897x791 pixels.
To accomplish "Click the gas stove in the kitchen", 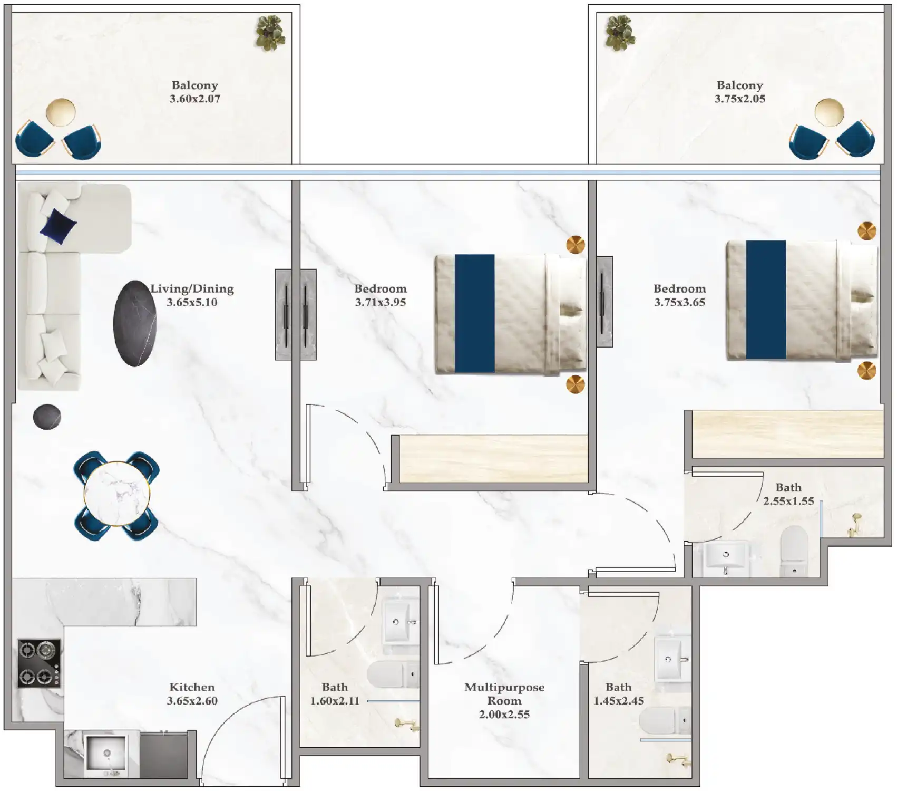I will [40, 663].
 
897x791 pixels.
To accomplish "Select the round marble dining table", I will [117, 494].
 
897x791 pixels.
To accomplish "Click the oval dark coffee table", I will [135, 323].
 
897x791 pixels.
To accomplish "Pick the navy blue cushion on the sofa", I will [58, 226].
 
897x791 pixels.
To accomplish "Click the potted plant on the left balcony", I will [270, 33].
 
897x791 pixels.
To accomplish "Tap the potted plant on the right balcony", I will [620, 33].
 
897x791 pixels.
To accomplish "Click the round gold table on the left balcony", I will [61, 112].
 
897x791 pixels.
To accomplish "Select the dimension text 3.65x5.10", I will [192, 302].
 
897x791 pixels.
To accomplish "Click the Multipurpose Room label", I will [504, 694].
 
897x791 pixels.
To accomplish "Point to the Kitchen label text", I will [192, 687].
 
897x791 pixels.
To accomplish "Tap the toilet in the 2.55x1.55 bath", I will [794, 551].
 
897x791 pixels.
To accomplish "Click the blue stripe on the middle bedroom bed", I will [474, 314].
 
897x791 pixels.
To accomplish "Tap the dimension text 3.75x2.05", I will [739, 99].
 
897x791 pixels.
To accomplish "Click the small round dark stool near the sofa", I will [47, 417].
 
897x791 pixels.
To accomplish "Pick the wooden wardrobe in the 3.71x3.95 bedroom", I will [493, 458].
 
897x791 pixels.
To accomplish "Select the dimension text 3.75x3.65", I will [679, 302].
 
